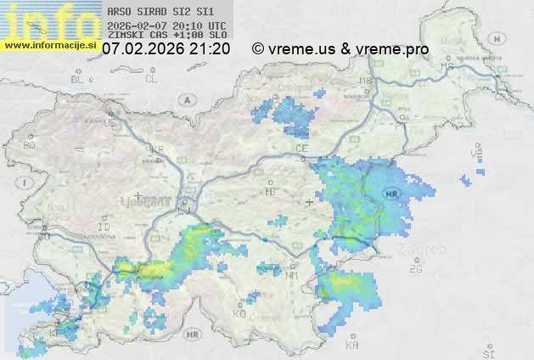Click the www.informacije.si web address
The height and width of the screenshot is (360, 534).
[x=50, y=45]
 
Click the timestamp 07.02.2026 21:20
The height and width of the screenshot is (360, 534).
[x=166, y=49]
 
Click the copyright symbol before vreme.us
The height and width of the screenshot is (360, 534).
[x=258, y=49]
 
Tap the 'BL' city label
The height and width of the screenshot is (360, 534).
[x=78, y=79]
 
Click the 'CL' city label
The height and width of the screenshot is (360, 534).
[x=152, y=79]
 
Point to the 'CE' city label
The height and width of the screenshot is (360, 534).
[x=301, y=149]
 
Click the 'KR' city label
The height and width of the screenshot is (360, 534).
[x=157, y=149]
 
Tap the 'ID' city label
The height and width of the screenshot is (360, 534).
[x=104, y=228]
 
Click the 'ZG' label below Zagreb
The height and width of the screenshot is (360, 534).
[x=415, y=269]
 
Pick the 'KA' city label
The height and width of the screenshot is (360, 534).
[x=352, y=346]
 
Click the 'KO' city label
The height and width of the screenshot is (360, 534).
[x=239, y=313]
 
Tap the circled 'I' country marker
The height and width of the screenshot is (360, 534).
[x=26, y=183]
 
